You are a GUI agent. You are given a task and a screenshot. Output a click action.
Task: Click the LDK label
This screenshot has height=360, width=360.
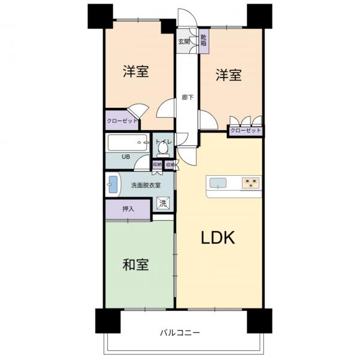point(217,238)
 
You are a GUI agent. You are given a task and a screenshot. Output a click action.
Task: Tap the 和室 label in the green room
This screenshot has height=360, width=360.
point(136,265)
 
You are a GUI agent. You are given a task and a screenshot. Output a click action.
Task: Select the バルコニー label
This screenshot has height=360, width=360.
point(180,332)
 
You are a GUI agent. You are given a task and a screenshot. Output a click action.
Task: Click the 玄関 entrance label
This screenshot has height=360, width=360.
point(184,41)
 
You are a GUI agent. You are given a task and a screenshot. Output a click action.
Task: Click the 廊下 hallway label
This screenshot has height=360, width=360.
point(187,97)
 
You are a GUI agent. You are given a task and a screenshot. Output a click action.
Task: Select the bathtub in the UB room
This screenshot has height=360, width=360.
point(127,143)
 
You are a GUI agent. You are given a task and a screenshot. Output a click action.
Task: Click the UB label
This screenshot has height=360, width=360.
point(126,157)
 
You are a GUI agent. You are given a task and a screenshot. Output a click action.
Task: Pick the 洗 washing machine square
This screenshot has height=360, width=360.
point(163,203)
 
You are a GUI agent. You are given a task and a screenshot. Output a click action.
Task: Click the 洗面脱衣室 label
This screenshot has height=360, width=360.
point(146,185)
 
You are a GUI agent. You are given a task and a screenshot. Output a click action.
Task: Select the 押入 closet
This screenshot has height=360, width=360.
point(127,209)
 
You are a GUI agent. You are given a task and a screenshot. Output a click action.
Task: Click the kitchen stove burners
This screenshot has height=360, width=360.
point(250,183)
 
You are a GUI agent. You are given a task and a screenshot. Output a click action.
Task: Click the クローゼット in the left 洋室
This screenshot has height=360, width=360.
point(121,121)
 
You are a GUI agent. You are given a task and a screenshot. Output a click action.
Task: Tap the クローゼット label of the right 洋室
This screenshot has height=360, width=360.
point(245,130)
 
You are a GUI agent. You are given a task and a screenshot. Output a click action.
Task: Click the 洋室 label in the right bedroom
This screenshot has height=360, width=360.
point(229,76)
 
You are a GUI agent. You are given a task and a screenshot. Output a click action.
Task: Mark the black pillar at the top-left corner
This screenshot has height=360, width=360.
point(100,16)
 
